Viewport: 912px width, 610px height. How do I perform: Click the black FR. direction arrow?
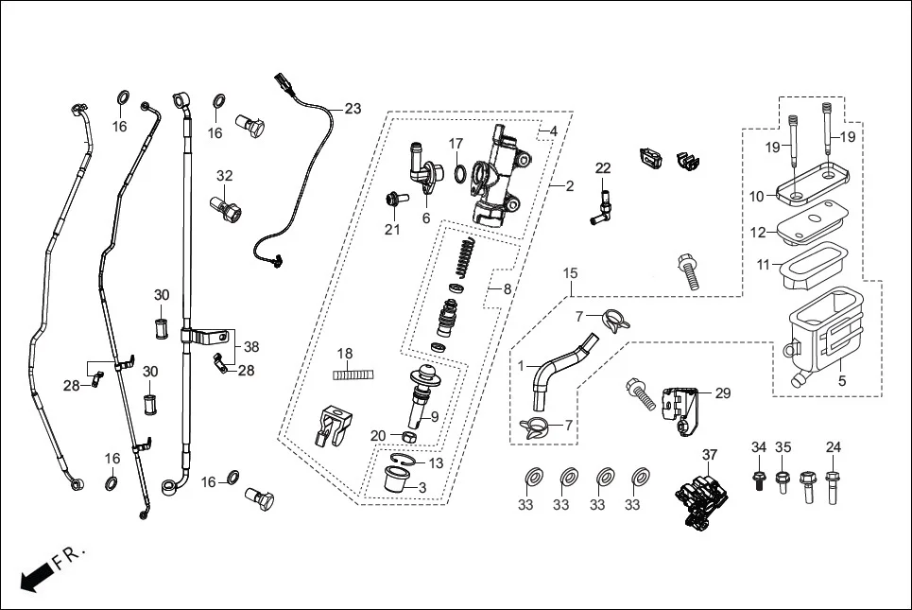pyautogui.click(x=36, y=577)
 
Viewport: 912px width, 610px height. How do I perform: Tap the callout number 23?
pyautogui.click(x=353, y=109)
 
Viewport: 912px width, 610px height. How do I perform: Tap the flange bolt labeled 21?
pyautogui.click(x=394, y=200)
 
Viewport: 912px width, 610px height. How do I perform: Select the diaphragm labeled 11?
pyautogui.click(x=812, y=265)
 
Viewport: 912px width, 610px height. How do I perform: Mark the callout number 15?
pyautogui.click(x=570, y=273)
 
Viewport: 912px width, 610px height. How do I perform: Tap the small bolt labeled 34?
pyautogui.click(x=758, y=479)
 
